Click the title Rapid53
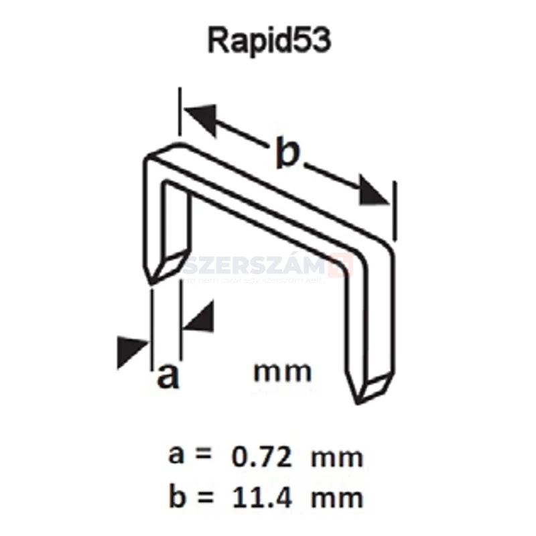point(269,41)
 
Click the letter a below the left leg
point(167,377)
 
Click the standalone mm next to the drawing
point(283,371)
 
